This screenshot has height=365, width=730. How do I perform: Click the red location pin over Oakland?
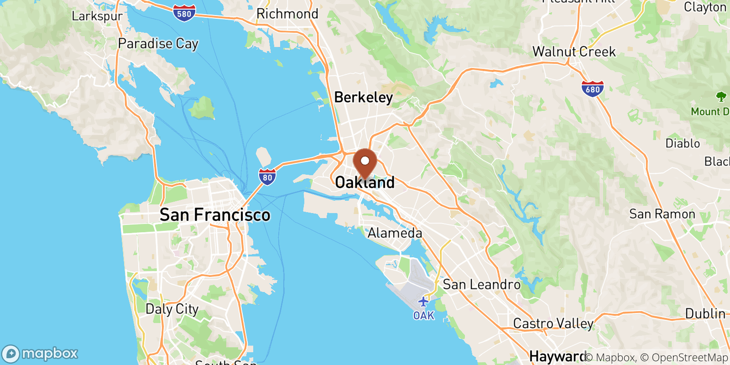point(365,163)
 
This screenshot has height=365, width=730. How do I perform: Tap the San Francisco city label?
point(215,215)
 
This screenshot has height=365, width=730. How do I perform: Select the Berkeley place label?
point(363,97)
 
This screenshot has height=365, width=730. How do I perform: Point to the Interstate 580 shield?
point(184,13)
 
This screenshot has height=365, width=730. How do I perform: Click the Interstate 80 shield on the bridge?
point(267,177)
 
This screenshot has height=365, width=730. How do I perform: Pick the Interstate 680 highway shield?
point(592,89)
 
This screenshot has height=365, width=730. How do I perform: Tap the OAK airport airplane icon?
point(423,302)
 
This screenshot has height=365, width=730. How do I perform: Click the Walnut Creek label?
point(574,52)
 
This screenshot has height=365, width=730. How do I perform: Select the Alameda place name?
point(395,233)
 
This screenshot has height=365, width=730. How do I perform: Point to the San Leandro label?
point(481,285)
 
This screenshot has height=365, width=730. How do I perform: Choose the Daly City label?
point(172,309)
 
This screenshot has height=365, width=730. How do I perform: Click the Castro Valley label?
point(553,323)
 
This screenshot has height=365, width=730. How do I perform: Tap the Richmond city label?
point(287,14)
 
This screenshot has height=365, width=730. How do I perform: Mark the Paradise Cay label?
point(158,44)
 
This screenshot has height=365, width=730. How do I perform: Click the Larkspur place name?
point(97,16)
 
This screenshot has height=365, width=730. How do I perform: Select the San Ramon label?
point(662,214)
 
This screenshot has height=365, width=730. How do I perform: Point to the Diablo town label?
point(683,143)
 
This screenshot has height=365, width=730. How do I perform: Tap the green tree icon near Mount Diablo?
point(721,96)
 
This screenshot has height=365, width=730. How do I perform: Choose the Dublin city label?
point(705,313)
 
